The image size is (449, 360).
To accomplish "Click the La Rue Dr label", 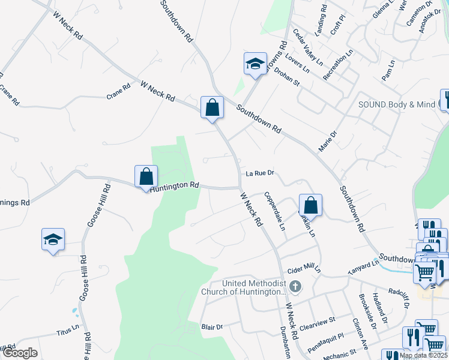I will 260,173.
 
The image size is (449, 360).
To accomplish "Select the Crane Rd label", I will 118,91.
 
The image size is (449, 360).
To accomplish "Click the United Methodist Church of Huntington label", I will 252,287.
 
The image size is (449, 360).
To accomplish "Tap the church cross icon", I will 295,286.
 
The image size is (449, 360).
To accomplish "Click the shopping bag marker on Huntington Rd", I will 146,177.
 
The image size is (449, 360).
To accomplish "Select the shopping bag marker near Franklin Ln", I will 310,205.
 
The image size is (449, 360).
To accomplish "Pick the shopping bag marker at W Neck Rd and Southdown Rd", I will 212,107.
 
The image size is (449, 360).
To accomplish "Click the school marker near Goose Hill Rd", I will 53,239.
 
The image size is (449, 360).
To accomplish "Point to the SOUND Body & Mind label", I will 396,104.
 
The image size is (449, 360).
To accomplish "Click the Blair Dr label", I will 212,327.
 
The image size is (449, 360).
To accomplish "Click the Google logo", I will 20,353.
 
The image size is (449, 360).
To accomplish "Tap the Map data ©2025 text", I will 423,355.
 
